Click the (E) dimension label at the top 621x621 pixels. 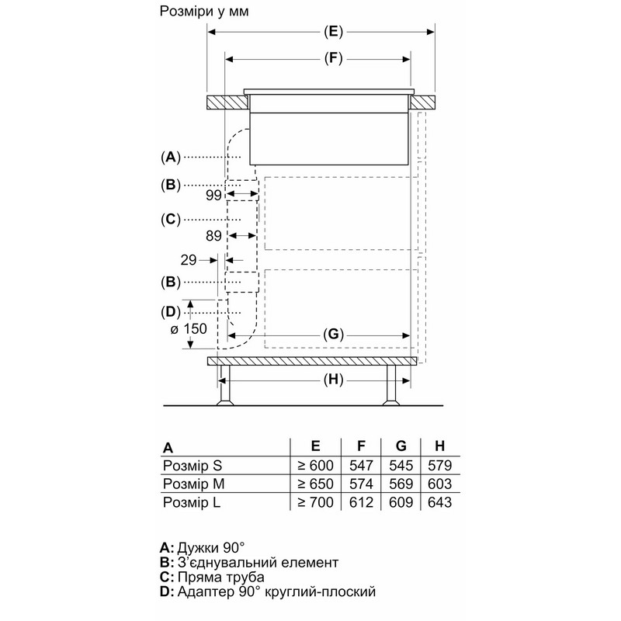click(333, 32)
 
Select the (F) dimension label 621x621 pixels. click(333, 59)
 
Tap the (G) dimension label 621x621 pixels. click(333, 335)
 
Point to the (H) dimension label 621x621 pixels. click(333, 380)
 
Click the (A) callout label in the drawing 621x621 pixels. click(171, 158)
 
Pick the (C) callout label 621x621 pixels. click(171, 219)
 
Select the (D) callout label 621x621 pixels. click(171, 312)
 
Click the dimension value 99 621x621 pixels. click(213, 195)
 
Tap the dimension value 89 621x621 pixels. click(213, 236)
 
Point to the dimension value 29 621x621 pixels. click(189, 260)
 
